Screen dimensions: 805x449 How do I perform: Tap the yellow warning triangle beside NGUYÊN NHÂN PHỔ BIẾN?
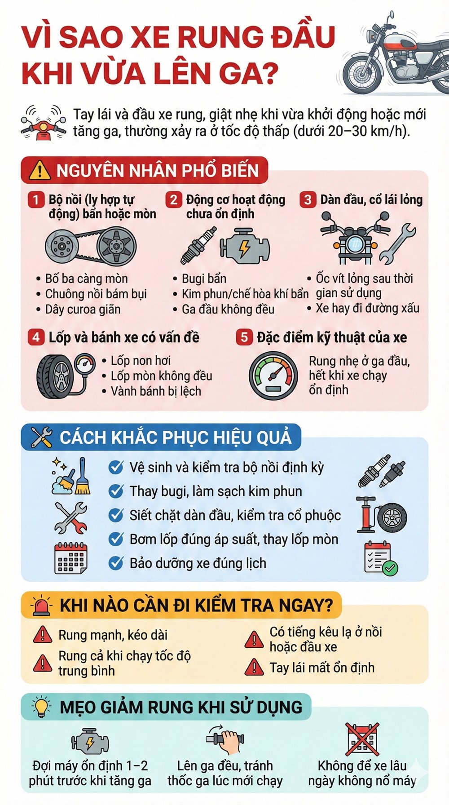pyautogui.click(x=40, y=171)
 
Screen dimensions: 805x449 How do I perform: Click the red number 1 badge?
pyautogui.click(x=36, y=199)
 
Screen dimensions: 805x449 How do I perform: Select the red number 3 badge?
pyautogui.click(x=308, y=199)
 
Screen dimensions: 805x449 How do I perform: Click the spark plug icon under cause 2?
pyautogui.click(x=198, y=245)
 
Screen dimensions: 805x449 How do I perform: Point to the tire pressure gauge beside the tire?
pyautogui.click(x=85, y=363)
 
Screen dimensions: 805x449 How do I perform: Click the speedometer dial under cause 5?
pyautogui.click(x=273, y=376)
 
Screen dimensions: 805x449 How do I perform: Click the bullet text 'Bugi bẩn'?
pyautogui.click(x=204, y=279)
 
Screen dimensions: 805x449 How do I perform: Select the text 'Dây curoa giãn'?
pyautogui.click(x=83, y=309)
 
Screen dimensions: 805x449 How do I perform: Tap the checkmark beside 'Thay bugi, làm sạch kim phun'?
pyautogui.click(x=116, y=491)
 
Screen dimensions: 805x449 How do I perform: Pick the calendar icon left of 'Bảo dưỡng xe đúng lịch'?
pyautogui.click(x=70, y=558)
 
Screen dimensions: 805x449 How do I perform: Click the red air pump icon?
pyautogui.click(x=365, y=514)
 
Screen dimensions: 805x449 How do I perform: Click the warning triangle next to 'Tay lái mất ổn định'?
pyautogui.click(x=254, y=668)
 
